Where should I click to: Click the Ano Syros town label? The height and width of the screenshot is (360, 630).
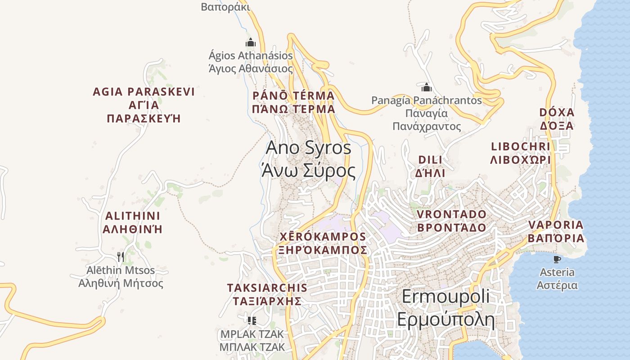click(309, 159)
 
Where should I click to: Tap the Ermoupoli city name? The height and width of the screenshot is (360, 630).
click(445, 309)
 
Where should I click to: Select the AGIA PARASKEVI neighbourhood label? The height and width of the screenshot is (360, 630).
click(144, 105)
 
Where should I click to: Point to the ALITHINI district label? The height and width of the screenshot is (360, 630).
click(132, 222)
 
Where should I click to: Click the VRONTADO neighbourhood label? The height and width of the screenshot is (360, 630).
click(451, 220)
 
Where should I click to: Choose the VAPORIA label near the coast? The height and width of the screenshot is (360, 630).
click(556, 231)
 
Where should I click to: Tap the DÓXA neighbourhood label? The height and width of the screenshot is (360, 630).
click(557, 119)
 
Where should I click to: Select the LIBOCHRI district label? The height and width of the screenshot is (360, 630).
click(521, 153)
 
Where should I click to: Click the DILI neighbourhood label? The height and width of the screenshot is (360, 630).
click(430, 166)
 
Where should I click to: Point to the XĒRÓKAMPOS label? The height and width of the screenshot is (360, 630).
click(323, 243)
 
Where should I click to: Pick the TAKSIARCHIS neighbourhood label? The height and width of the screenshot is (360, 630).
click(267, 294)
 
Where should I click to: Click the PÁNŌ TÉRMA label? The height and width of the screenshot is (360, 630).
click(293, 102)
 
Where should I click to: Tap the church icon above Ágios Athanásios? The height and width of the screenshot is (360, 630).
click(251, 43)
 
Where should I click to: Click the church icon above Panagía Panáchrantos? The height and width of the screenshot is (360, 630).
click(426, 87)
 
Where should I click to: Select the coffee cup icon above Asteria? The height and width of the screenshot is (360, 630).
click(557, 259)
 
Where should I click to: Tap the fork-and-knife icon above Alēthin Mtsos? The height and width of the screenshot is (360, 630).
click(121, 257)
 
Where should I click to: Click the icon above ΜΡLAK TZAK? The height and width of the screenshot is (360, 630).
click(252, 321)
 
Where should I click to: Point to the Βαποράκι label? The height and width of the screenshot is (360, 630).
click(225, 7)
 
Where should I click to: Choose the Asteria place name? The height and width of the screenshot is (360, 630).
click(557, 279)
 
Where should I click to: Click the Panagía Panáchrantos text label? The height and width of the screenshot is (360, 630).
click(427, 113)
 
